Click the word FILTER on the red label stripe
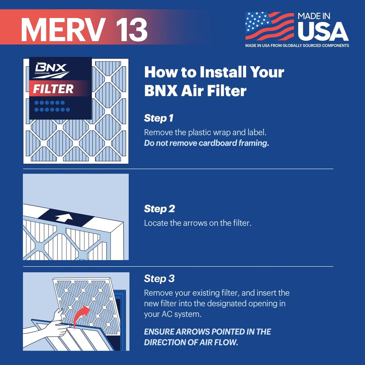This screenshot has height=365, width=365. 53,89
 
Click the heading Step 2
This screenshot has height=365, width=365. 159,209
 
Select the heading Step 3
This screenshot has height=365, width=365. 159,278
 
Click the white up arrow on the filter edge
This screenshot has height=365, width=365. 64,217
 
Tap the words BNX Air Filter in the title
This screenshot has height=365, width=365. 195,91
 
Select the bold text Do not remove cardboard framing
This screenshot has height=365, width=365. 206,144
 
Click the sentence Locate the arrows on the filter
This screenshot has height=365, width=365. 197,223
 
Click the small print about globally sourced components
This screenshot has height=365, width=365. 297,46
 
